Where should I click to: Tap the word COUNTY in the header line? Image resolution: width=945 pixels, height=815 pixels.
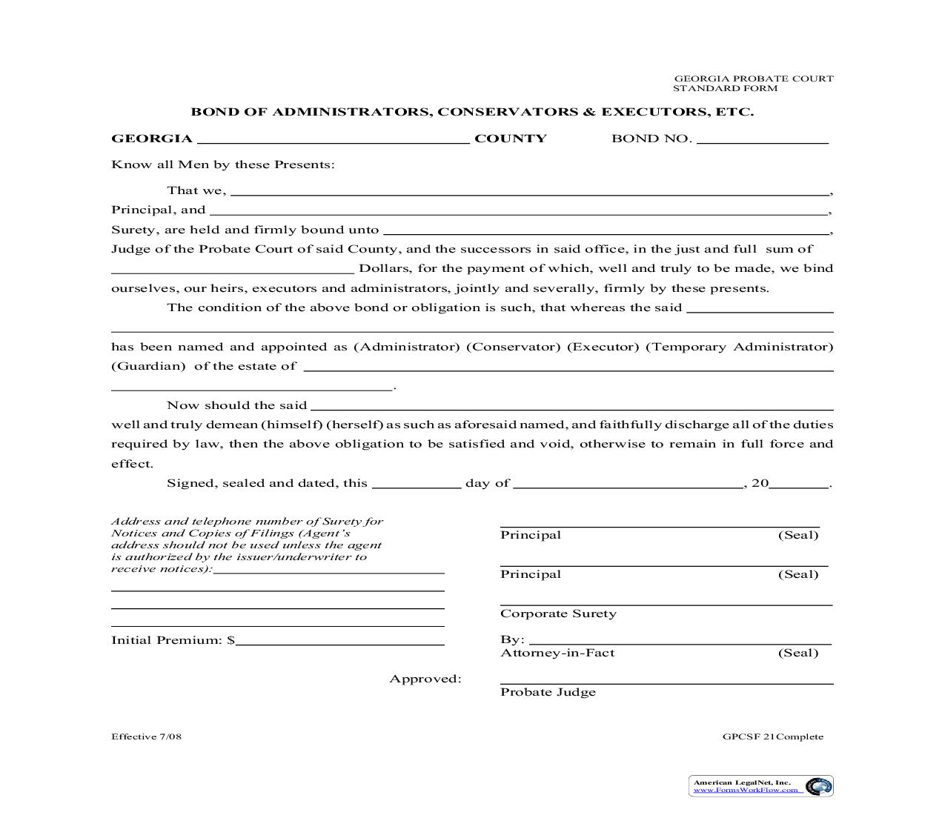click(511, 139)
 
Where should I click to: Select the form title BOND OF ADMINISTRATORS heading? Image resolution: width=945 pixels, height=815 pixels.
click(472, 112)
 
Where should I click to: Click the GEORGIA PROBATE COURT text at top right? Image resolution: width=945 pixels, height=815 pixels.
click(753, 79)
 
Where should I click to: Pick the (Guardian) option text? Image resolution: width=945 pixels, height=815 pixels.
click(148, 366)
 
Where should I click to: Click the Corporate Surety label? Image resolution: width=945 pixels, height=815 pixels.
click(558, 613)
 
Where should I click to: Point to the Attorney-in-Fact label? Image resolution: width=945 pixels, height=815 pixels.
click(557, 653)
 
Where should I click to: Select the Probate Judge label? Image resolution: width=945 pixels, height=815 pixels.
click(548, 692)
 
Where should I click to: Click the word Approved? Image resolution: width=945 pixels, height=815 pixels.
click(425, 679)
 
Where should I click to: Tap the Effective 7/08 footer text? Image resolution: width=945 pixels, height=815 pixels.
click(146, 736)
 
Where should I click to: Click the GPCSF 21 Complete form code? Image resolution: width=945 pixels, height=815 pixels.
click(773, 736)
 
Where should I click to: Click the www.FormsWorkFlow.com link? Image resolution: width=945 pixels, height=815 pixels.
click(746, 790)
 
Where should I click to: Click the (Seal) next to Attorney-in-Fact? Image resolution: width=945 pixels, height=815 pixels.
click(798, 653)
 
